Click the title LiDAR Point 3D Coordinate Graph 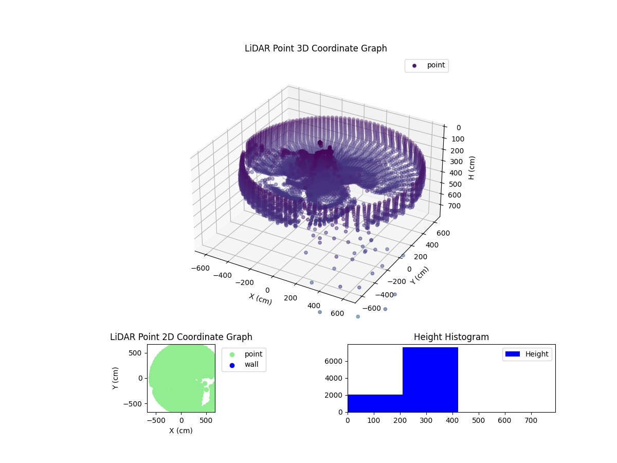(x=316, y=48)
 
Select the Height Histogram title (x=451, y=337)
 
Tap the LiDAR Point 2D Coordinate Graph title (x=181, y=337)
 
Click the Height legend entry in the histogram (x=528, y=354)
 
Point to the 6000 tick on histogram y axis (x=338, y=361)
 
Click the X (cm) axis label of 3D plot (x=260, y=299)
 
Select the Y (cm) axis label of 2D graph (x=116, y=378)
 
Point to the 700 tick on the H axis (x=456, y=206)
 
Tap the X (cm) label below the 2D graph (x=181, y=431)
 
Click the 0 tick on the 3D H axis (x=458, y=128)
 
